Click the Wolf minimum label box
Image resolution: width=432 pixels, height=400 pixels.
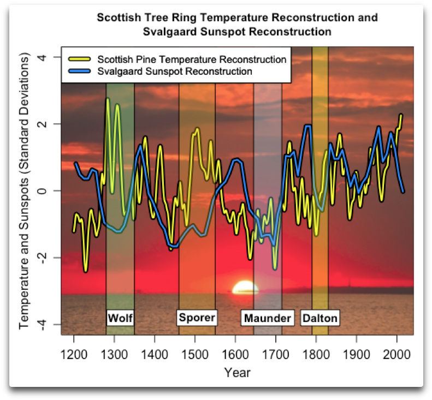pos(120,318)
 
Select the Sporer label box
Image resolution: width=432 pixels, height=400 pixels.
pos(197,318)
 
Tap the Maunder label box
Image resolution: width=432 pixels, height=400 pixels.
pos(268,318)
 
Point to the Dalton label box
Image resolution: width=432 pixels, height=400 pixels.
pos(320,318)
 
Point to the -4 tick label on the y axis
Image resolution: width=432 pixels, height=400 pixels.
pos(40,325)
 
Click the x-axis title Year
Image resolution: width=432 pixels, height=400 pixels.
pos(237,373)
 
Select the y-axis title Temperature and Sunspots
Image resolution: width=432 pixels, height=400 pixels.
pos(24,191)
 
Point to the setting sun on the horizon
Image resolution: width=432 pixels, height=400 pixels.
pos(244,288)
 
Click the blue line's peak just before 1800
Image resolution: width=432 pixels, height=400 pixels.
pos(307,126)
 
